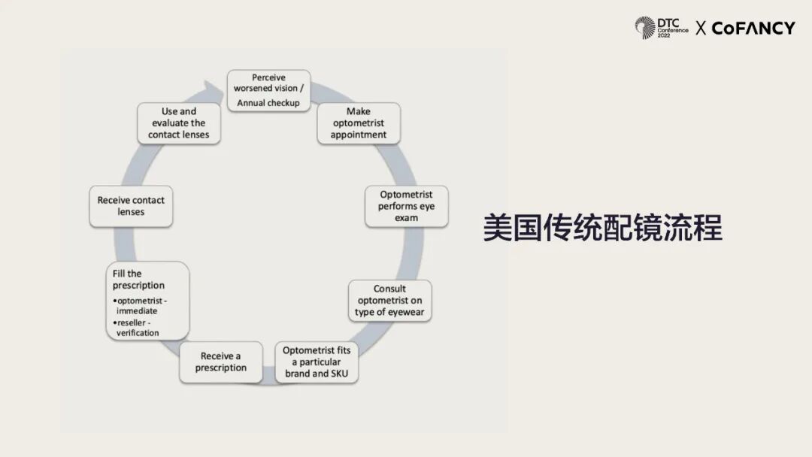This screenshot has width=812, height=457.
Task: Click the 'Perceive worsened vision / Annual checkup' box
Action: tap(268, 90)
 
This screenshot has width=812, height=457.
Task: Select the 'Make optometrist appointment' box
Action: tap(359, 123)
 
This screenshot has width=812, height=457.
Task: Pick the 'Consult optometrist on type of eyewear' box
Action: tap(389, 301)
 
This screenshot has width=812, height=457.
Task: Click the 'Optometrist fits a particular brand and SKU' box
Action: tap(316, 362)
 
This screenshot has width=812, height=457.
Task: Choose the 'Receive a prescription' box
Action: tap(221, 362)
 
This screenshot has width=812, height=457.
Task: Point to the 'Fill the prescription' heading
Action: tap(138, 280)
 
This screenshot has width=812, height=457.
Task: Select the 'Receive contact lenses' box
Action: tap(131, 206)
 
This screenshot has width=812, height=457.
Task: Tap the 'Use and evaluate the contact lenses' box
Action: tap(179, 123)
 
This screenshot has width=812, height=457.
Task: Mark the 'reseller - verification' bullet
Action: tap(138, 328)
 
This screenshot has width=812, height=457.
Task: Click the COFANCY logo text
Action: tap(753, 29)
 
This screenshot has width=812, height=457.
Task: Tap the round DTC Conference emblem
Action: tap(644, 28)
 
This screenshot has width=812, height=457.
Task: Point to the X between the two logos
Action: tap(701, 29)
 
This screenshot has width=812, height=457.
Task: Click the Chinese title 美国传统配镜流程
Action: tap(602, 228)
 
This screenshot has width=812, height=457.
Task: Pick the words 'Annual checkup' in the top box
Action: tap(268, 103)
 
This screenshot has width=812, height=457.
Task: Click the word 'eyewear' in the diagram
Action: tap(409, 312)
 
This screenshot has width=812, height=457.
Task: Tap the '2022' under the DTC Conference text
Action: tap(665, 35)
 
